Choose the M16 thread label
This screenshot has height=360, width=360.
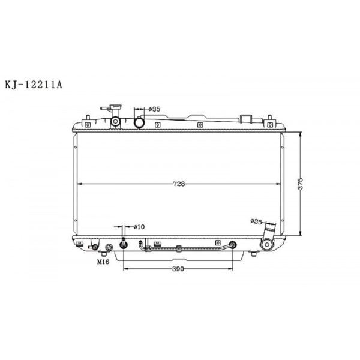(x=103, y=262)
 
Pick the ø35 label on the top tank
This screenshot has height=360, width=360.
(x=154, y=109)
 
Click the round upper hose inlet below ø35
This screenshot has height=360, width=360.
(x=139, y=122)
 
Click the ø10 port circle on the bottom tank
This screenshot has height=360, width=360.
(x=124, y=244)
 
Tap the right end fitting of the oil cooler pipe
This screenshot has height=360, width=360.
(x=232, y=244)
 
